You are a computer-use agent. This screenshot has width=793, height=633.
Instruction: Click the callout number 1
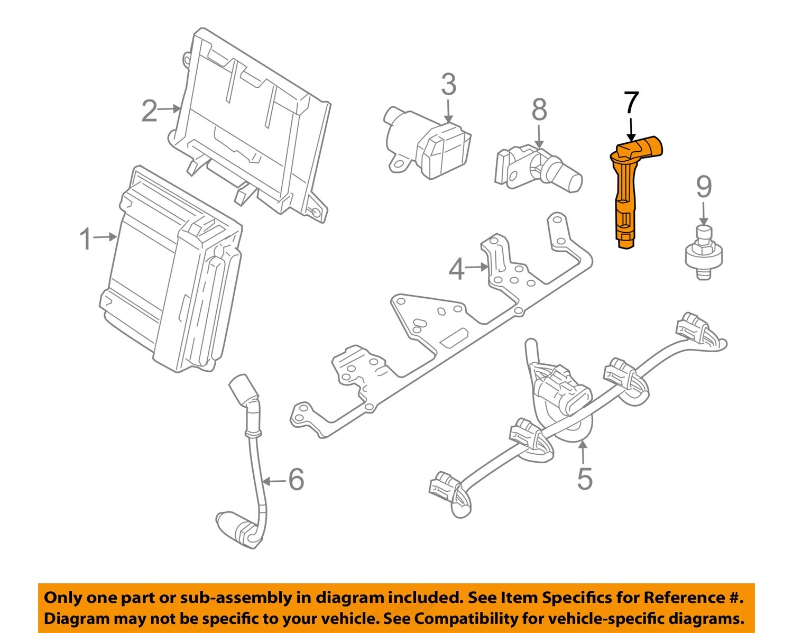point(86,239)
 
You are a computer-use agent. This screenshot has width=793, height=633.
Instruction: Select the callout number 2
point(149,111)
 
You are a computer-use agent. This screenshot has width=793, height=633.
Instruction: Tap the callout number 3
point(448,85)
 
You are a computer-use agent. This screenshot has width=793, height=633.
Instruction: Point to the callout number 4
point(456,269)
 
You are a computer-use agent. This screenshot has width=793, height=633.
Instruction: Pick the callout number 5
point(584,479)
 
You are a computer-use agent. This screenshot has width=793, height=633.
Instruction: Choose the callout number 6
point(296,480)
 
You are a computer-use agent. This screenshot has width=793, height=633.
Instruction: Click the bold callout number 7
point(631,104)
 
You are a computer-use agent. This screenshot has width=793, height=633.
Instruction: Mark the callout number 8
point(539,110)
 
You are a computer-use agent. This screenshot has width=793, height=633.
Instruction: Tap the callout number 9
point(704,187)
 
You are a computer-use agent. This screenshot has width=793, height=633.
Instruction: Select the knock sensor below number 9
point(703,253)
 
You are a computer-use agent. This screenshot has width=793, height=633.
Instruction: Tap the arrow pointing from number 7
point(631,130)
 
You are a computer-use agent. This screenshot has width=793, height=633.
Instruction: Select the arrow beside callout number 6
point(273,481)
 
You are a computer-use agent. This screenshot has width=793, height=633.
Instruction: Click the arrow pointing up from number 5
point(583,452)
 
